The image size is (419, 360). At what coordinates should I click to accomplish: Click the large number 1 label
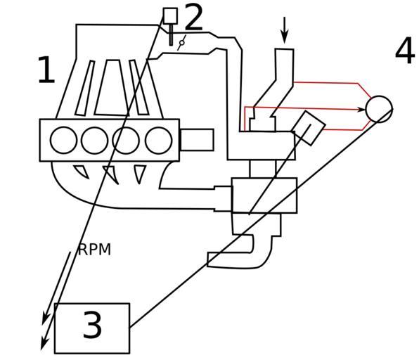(x=47, y=70)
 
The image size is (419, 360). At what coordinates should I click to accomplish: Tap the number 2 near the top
(x=193, y=17)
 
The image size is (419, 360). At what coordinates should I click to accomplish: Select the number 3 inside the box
(x=93, y=325)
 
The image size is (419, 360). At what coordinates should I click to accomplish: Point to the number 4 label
(x=405, y=51)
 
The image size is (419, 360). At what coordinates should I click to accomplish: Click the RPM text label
(x=94, y=250)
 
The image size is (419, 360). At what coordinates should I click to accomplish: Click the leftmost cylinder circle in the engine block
(x=63, y=141)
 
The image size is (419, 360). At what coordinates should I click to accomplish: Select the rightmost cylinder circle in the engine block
(x=159, y=141)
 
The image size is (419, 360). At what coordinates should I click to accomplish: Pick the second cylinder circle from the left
(x=95, y=141)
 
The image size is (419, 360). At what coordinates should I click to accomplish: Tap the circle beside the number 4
(x=379, y=109)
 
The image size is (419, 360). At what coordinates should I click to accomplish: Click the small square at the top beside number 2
(x=171, y=15)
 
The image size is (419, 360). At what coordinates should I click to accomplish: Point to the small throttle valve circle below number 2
(x=182, y=42)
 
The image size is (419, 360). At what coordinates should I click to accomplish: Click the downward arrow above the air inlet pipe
(x=285, y=30)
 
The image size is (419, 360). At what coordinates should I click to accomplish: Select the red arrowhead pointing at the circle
(x=361, y=109)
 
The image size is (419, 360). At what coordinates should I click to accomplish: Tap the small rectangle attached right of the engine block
(x=198, y=140)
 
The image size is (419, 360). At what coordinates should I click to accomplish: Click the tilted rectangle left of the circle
(x=309, y=128)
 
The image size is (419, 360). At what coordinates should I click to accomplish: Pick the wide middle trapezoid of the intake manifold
(x=112, y=88)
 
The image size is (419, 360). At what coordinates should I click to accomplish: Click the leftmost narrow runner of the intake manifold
(x=85, y=88)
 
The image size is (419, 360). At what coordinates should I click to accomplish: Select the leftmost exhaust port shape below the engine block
(x=81, y=172)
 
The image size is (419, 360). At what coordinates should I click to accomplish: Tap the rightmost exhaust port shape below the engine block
(x=140, y=173)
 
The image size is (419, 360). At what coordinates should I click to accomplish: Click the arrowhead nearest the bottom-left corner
(x=44, y=344)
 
